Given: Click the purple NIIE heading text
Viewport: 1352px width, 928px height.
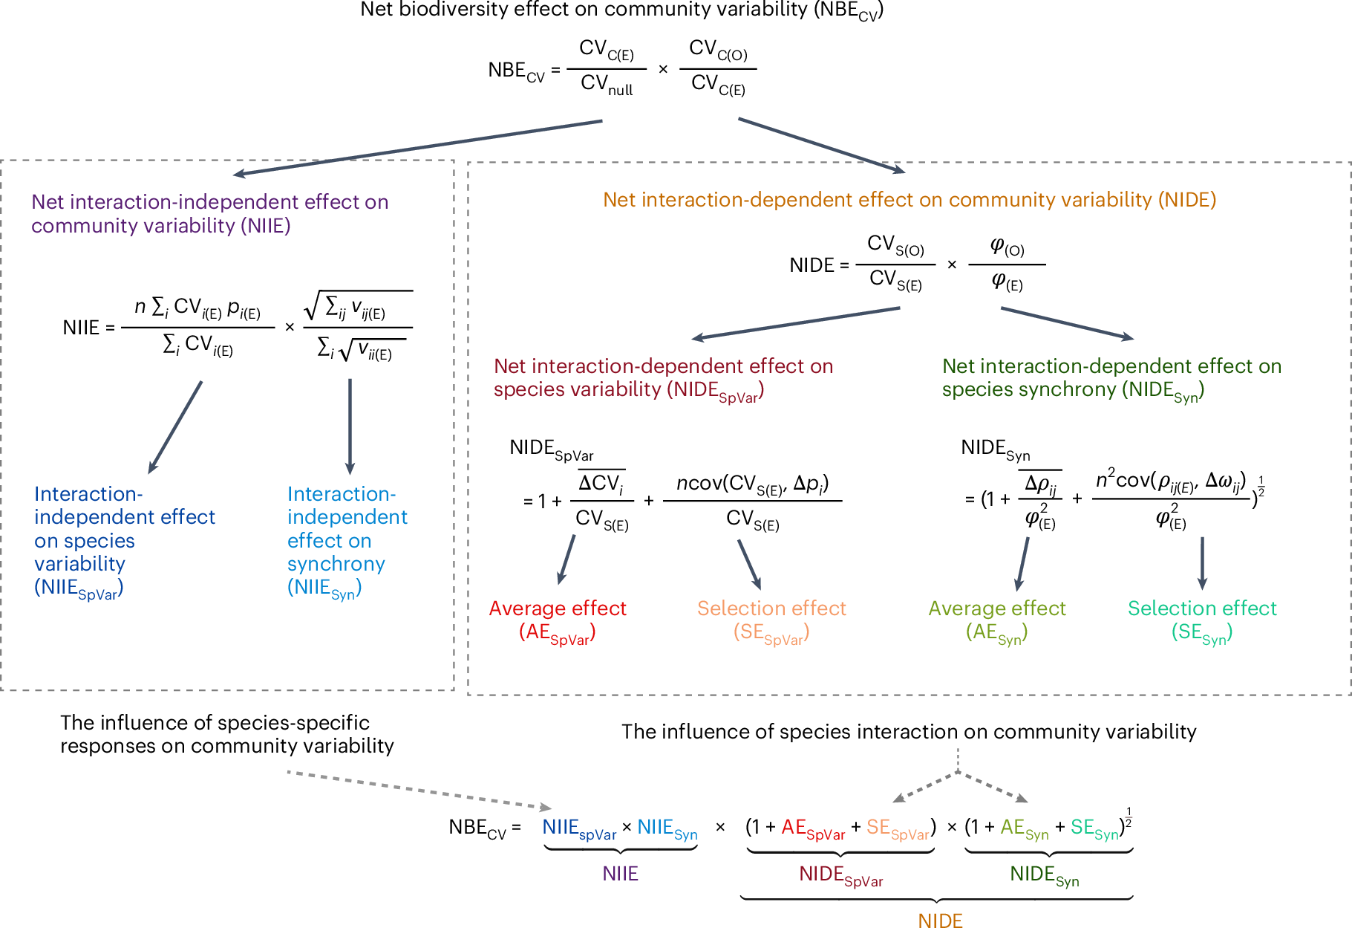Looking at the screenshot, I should pos(209,213).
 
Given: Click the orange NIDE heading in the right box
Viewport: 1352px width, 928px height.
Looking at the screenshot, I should pos(909,200).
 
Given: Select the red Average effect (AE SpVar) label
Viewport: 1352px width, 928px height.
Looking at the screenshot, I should pos(558,620).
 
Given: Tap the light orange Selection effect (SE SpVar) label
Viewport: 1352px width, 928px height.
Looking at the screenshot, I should pos(771,620).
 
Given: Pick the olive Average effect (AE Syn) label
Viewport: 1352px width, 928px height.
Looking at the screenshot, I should pos(996,620).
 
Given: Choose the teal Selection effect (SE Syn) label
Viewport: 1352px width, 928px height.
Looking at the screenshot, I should pos(1202,620).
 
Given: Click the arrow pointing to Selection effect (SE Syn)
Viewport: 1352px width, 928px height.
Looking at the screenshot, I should pos(1202,563).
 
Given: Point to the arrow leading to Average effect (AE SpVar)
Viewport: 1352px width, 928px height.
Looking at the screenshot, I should pos(566,559).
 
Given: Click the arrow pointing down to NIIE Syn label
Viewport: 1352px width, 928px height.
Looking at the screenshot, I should pos(350,426).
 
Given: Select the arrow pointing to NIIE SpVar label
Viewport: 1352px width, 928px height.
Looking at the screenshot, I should pos(175,427).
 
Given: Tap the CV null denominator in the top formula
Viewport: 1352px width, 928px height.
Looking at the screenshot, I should pos(607,85).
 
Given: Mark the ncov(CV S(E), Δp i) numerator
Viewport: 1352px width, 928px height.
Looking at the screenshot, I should pos(752,484).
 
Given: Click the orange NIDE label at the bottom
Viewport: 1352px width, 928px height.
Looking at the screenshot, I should pos(940,921).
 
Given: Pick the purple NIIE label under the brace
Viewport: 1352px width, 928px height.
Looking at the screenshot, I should pos(620,874).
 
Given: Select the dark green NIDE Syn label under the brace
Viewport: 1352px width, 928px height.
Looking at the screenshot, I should pos(1044,875).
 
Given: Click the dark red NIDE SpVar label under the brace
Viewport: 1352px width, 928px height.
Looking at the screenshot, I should pos(840,875).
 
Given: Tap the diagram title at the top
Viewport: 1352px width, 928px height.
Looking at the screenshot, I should pos(621,10).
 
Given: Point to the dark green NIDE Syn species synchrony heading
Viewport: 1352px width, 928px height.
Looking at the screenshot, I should pos(1111,377).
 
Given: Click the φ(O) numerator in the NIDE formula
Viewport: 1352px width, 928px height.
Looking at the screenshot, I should pos(1007,247).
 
